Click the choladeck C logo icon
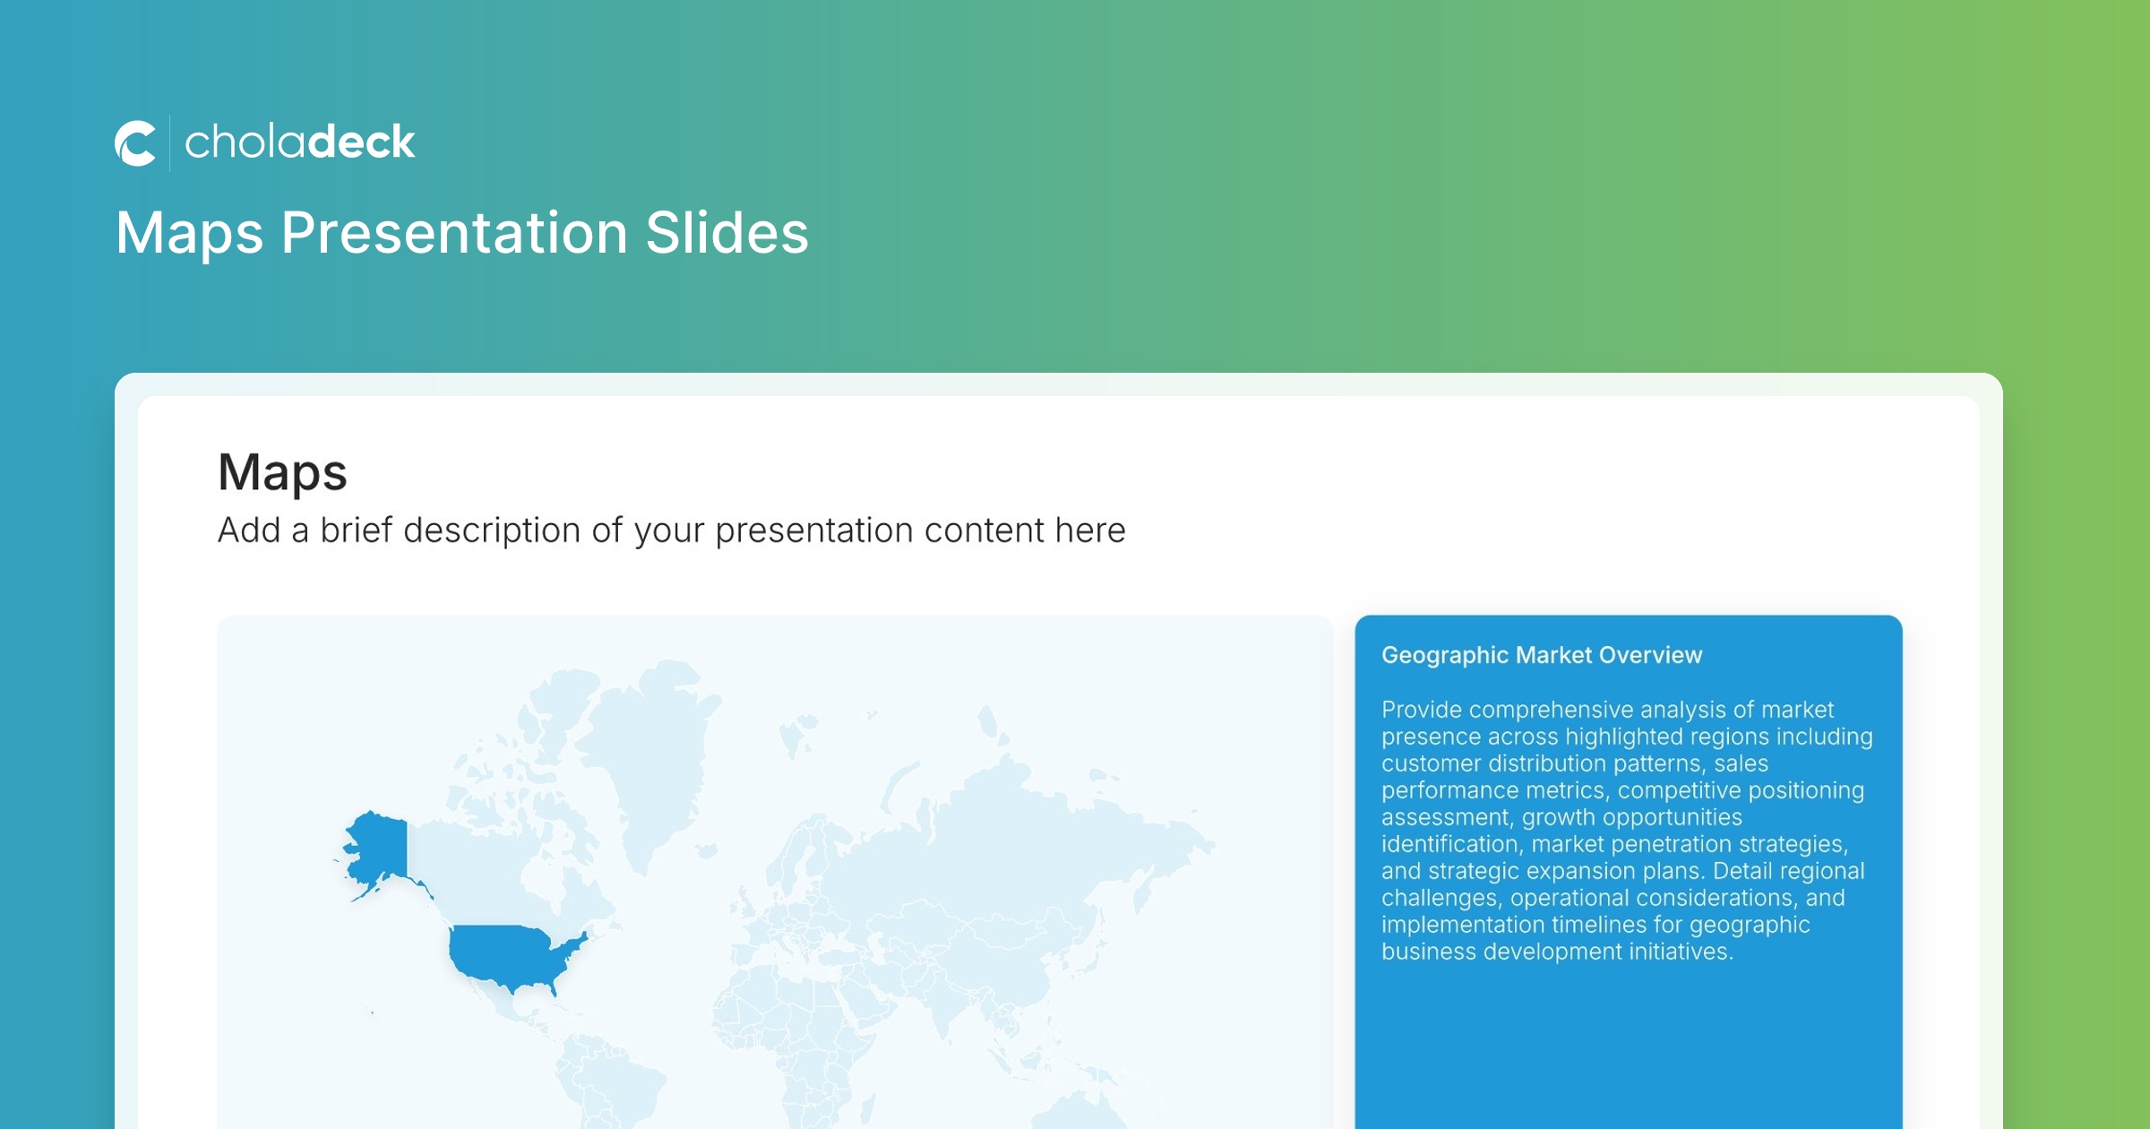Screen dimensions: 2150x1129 [135, 143]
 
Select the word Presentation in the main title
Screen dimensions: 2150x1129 [455, 233]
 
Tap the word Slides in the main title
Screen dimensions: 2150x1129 [727, 233]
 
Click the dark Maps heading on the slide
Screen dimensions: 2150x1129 [282, 473]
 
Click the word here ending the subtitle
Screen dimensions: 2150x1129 [1090, 530]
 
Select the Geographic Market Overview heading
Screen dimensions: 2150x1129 [1542, 655]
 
